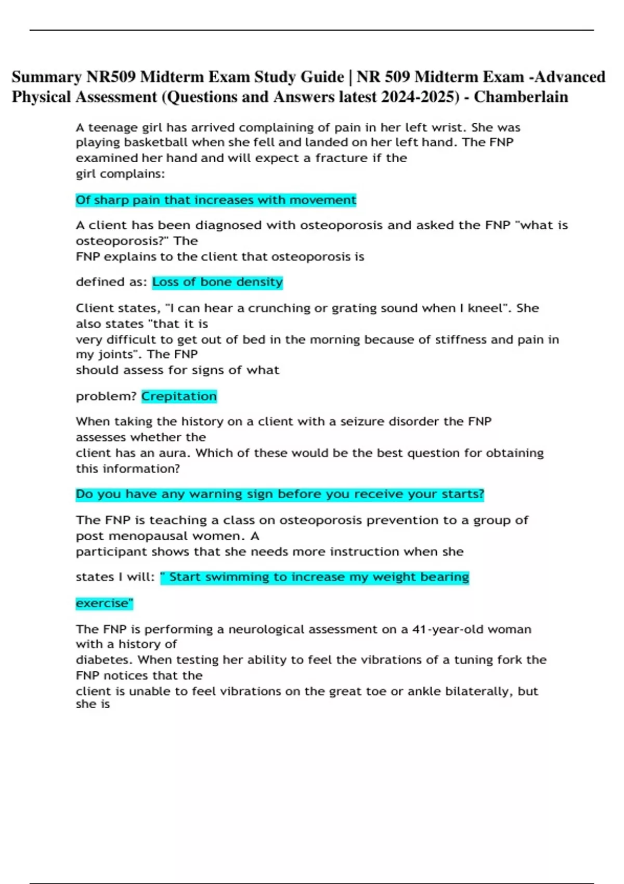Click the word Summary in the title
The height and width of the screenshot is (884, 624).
tap(46, 77)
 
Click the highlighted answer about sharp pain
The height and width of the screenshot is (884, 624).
tap(216, 200)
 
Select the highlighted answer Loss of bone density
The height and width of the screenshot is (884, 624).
tap(217, 282)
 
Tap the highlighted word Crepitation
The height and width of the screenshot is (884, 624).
tap(179, 396)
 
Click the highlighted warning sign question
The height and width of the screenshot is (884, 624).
tap(280, 494)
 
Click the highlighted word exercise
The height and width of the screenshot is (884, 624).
tap(104, 603)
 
